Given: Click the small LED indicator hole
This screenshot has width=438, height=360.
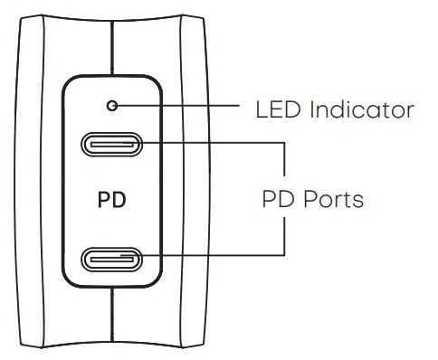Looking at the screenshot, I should pyautogui.click(x=112, y=106).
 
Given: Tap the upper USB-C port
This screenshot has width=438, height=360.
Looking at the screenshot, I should pyautogui.click(x=112, y=143).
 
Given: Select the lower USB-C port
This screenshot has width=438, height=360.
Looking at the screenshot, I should pyautogui.click(x=112, y=260).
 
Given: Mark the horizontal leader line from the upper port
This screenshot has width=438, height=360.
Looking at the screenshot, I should pyautogui.click(x=213, y=143).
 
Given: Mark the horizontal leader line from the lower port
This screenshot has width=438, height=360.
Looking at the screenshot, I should pyautogui.click(x=213, y=260).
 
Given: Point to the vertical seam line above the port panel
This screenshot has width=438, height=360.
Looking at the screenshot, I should pyautogui.click(x=112, y=45).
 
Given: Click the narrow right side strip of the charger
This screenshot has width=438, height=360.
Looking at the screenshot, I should pyautogui.click(x=193, y=181).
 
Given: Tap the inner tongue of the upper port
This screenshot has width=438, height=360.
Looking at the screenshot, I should pyautogui.click(x=112, y=144).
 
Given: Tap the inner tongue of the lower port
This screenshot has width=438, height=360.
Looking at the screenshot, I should pyautogui.click(x=112, y=261).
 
